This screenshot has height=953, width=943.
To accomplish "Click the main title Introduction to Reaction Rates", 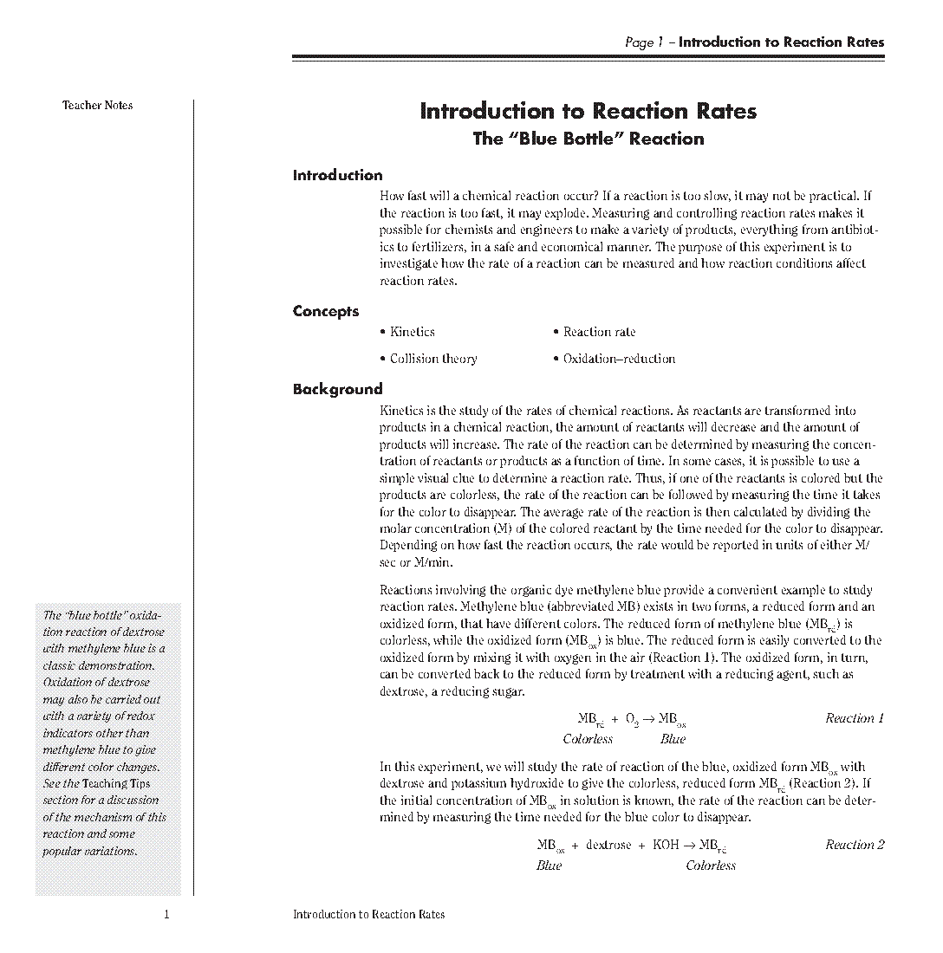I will pos(588,111).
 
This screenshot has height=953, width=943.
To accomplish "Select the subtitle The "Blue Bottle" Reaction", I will pos(588,139).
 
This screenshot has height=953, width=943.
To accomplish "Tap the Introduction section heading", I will pos(337,175).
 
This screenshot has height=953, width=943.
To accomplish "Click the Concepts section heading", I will pos(325,311).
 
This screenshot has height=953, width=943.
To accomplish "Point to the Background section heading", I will pos(337,389).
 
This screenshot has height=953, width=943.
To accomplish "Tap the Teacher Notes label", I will pos(97,106).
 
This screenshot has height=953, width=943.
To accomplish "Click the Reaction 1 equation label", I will pos(855,718).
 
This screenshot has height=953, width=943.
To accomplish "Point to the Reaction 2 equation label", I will pos(855,845).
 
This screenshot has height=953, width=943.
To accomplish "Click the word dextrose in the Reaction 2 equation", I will pos(608,845).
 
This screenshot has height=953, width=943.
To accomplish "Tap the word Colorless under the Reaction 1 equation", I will pos(588,739).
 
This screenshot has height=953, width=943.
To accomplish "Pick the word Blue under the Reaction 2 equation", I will pos(549,865).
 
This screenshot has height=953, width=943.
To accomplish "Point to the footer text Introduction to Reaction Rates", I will pos(368,914).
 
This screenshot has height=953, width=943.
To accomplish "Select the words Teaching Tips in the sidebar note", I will pos(116,783).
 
